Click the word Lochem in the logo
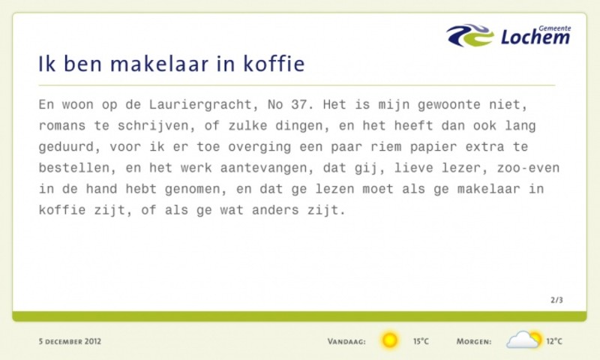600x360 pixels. point(535,37)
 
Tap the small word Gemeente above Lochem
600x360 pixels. point(554,28)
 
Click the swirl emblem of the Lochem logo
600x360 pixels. point(470,35)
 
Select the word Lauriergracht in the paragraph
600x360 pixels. point(199,105)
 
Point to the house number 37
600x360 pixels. point(298,104)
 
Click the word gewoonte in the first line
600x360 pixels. point(448,105)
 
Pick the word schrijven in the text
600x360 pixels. point(152,126)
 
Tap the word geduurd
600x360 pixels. point(65,147)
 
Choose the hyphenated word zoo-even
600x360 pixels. point(528,168)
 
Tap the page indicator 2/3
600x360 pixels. point(556,300)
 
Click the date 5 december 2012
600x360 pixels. point(70,341)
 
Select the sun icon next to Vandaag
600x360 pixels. point(389,340)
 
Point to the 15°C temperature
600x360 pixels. point(421,341)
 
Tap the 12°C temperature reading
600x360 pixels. point(554,341)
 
